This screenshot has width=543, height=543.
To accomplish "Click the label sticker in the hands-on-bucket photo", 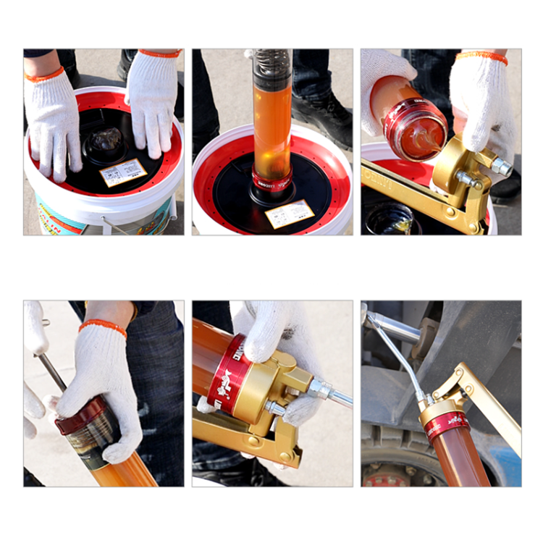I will click(x=123, y=173).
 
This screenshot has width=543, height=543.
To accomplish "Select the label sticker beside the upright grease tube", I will click(x=290, y=214).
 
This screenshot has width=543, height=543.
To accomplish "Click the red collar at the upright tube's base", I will click(x=271, y=180).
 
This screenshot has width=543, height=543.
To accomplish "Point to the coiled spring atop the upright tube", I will click(x=272, y=66).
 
